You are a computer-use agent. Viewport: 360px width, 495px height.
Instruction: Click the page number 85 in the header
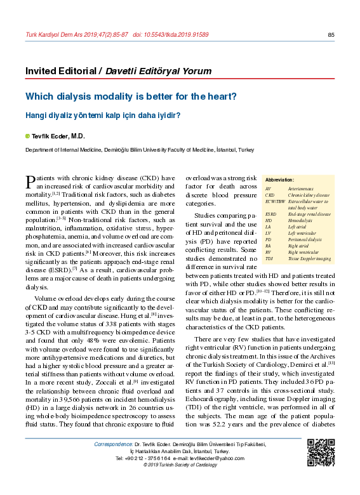[331, 34]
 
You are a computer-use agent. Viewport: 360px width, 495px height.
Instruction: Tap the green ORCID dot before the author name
[27, 136]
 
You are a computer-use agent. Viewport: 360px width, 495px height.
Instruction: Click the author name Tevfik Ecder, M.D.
[58, 136]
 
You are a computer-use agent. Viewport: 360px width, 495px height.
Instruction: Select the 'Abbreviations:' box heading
[280, 181]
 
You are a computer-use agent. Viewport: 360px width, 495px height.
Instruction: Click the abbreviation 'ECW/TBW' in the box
[275, 201]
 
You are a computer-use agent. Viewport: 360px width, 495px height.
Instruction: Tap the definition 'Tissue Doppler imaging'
[309, 259]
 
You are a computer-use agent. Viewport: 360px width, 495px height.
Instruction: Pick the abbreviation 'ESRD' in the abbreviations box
[271, 214]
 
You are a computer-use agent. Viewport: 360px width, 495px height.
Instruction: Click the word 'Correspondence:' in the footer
[113, 444]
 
